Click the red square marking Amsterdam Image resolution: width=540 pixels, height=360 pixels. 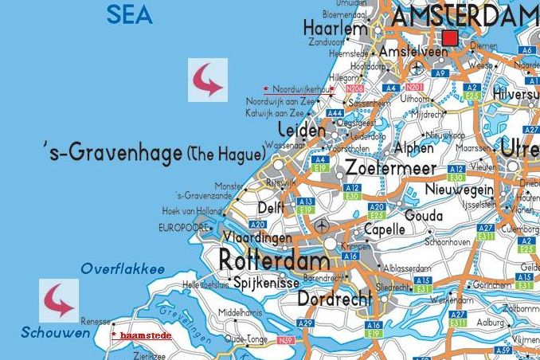[x=450, y=38]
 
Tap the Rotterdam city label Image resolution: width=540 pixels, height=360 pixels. [x=273, y=260]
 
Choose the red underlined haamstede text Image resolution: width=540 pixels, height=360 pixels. [x=144, y=335]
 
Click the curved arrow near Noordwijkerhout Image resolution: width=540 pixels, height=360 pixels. [x=207, y=80]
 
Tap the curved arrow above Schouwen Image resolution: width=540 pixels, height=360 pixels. [x=60, y=301]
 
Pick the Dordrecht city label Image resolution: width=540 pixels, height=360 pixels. [x=335, y=299]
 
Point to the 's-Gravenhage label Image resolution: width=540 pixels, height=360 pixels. [x=114, y=152]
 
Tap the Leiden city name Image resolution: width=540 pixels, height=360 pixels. [x=301, y=131]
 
